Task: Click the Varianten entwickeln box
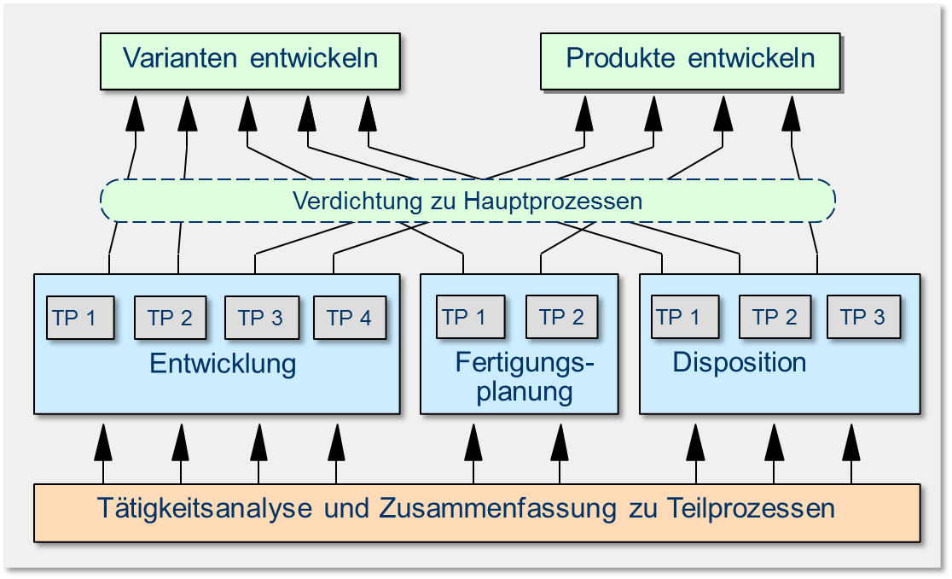[250, 60]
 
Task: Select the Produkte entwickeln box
[690, 60]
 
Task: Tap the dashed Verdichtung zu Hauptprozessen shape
[467, 202]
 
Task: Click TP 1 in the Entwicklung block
[80, 319]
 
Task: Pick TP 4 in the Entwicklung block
[350, 319]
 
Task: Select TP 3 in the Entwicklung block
[261, 319]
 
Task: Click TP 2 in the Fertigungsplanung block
[561, 318]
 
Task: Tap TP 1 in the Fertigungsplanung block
[470, 318]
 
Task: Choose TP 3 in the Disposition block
[863, 318]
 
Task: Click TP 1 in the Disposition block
[683, 318]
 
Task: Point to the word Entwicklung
[223, 364]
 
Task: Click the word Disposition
[740, 362]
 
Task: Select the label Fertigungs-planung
[524, 377]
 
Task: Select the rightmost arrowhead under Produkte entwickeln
[791, 113]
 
